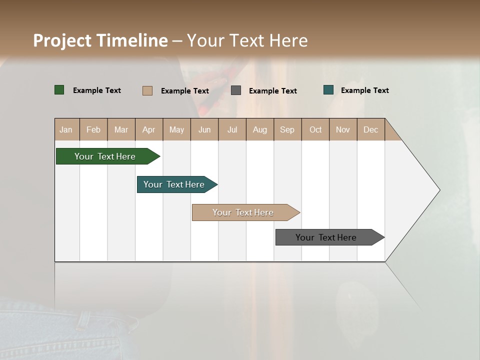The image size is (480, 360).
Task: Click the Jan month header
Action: pyautogui.click(x=66, y=129)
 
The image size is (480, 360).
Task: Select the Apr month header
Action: pyautogui.click(x=149, y=129)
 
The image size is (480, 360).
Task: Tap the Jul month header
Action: pyautogui.click(x=232, y=129)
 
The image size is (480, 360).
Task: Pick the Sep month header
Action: pyautogui.click(x=287, y=129)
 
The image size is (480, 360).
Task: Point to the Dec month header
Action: pyautogui.click(x=370, y=129)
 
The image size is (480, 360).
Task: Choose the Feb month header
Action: pyautogui.click(x=93, y=129)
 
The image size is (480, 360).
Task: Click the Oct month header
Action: pyautogui.click(x=315, y=129)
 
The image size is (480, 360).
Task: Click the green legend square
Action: pyautogui.click(x=59, y=90)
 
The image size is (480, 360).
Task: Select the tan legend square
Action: pyautogui.click(x=147, y=90)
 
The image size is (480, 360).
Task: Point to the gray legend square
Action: pyautogui.click(x=236, y=90)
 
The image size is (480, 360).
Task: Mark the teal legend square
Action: pyautogui.click(x=328, y=90)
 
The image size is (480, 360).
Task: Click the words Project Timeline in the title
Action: pyautogui.click(x=100, y=40)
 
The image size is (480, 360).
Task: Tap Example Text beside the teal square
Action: pyautogui.click(x=364, y=90)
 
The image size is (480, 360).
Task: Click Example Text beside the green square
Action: pyautogui.click(x=97, y=90)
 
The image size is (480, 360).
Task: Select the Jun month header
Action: pyautogui.click(x=204, y=129)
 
